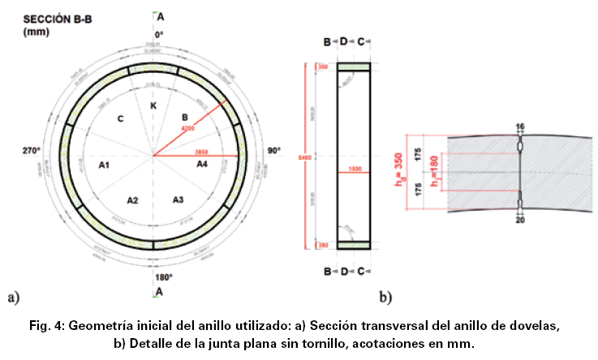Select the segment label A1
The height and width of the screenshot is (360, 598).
click(104, 165)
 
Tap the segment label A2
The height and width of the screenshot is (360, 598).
click(134, 199)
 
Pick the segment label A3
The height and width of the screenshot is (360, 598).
click(179, 199)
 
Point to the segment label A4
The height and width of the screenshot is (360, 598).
click(204, 164)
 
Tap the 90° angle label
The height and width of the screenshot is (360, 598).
click(276, 151)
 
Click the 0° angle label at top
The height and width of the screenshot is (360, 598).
click(159, 34)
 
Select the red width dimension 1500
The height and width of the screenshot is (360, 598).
click(354, 169)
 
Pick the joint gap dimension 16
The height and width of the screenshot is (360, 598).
click(519, 126)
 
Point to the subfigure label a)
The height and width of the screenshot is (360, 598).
click(13, 297)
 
